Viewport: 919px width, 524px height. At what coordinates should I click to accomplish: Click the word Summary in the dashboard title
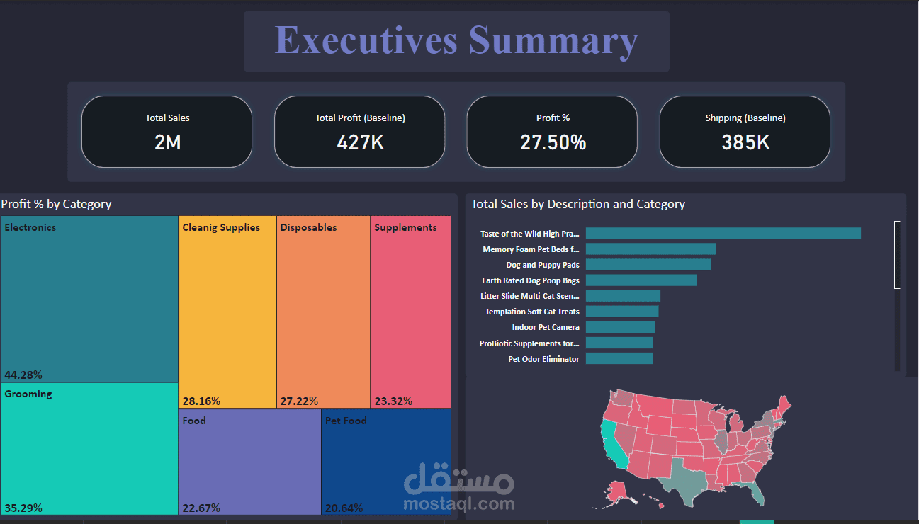[x=553, y=41]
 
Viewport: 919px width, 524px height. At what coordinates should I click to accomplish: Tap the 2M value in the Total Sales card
[x=167, y=143]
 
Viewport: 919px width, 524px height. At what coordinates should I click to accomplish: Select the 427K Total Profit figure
[x=360, y=143]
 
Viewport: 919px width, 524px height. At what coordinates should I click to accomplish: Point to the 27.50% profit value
[x=553, y=143]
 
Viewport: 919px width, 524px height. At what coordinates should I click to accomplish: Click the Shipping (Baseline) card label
[x=745, y=118]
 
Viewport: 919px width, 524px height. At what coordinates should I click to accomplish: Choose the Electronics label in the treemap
[x=30, y=227]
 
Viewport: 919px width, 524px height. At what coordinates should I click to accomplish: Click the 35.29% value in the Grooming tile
[x=23, y=508]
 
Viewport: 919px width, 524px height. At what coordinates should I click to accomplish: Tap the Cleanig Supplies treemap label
[x=221, y=227]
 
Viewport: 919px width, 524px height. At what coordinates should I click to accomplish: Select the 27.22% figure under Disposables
[x=299, y=401]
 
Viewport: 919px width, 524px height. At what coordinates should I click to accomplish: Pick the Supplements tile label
[x=405, y=227]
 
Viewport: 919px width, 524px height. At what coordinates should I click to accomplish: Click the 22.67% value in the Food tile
[x=201, y=508]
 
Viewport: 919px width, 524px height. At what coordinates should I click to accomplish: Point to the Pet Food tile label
[x=346, y=421]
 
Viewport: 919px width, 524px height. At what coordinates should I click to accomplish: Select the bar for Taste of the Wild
[x=723, y=233]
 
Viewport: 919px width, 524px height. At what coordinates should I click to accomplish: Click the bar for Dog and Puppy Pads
[x=648, y=264]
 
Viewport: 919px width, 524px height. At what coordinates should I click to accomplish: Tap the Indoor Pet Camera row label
[x=546, y=327]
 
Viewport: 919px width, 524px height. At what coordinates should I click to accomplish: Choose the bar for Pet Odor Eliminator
[x=619, y=359]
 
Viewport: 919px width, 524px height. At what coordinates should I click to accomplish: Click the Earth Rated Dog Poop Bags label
[x=531, y=280]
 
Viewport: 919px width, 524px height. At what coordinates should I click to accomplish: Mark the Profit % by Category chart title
[x=56, y=204]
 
